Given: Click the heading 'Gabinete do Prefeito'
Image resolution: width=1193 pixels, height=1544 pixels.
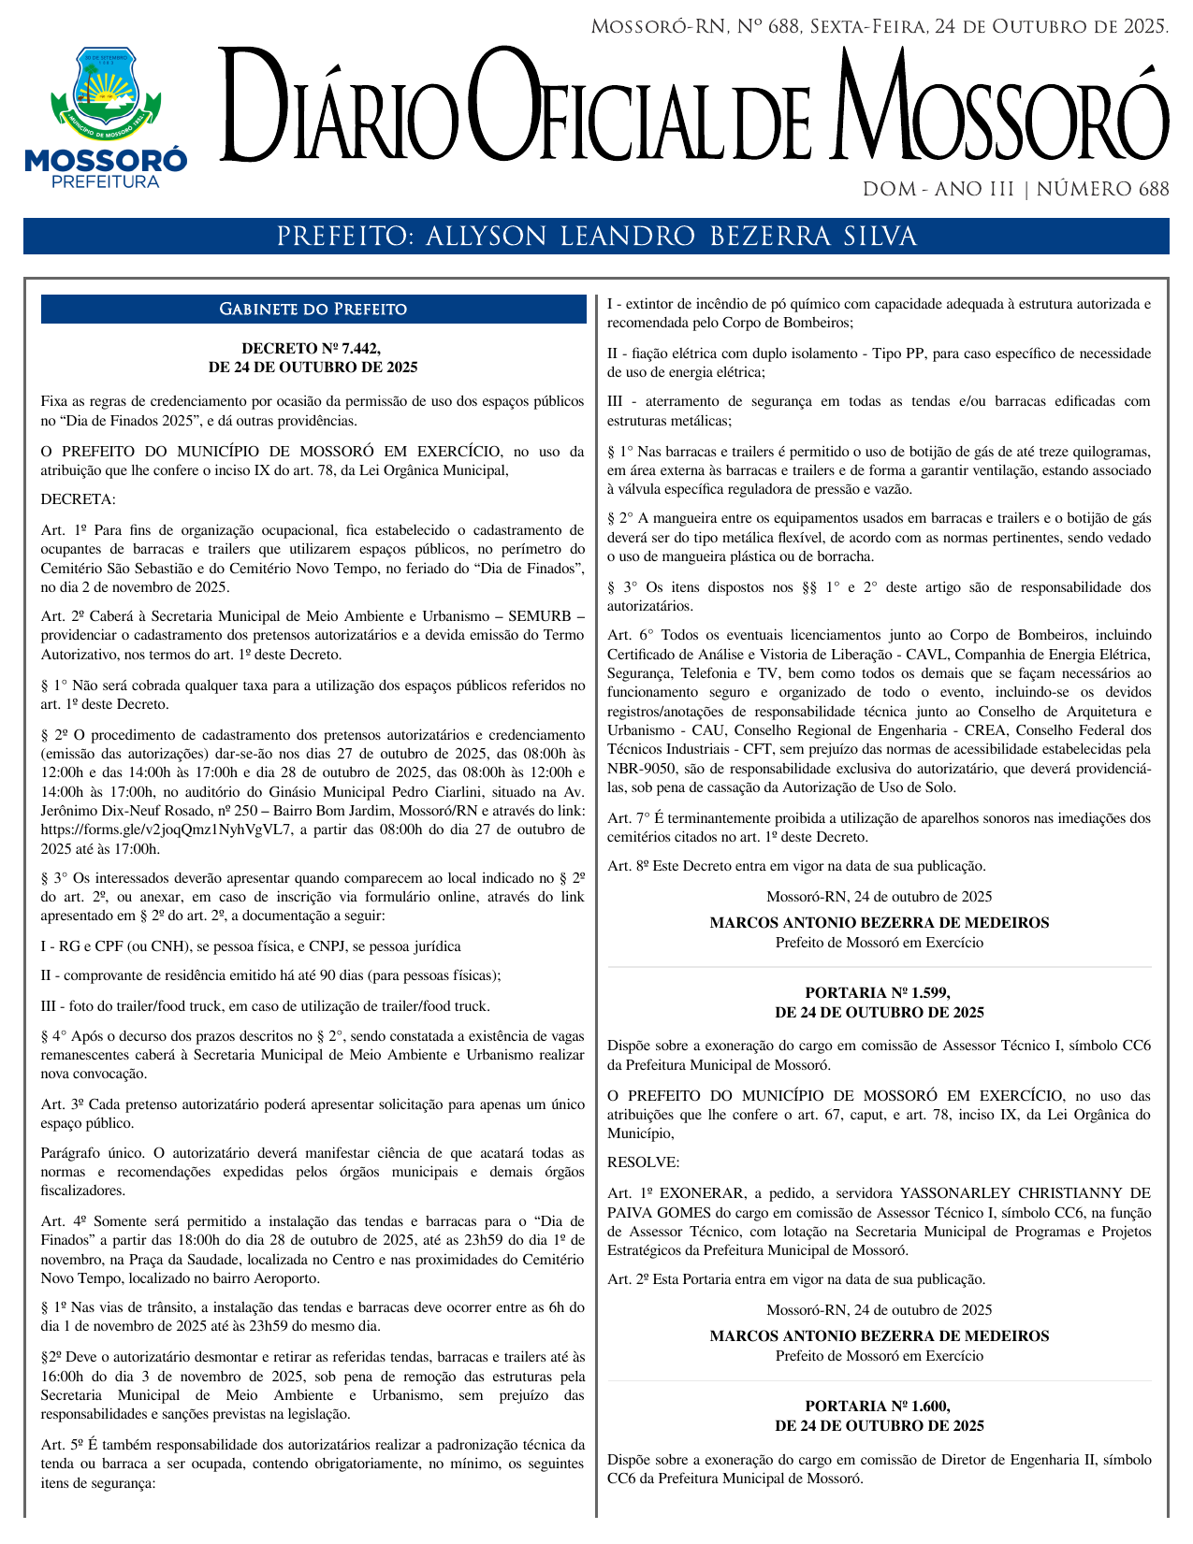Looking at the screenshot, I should point(313,310).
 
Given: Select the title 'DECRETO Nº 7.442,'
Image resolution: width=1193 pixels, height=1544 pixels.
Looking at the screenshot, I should point(312,348).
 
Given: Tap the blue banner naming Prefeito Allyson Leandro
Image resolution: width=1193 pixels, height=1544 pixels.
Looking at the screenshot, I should point(596,237).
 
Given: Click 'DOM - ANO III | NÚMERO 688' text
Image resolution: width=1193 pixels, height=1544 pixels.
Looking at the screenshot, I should point(1015,190).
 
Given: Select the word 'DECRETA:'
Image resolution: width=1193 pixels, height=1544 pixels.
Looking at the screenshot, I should point(79,500).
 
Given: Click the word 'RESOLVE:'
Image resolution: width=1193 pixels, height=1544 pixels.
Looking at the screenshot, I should point(644,1162).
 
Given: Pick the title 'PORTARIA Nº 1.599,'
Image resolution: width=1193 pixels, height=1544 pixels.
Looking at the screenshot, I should point(878,992).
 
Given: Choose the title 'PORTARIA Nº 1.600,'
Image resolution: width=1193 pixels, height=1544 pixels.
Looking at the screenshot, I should point(878,1406).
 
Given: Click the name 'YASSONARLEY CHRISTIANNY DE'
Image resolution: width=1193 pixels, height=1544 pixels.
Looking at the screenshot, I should point(1025,1193).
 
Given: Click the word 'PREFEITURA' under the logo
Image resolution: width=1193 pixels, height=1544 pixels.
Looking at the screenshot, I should point(106,182).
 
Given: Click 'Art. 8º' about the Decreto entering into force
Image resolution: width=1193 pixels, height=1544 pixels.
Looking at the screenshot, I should point(628,866).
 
